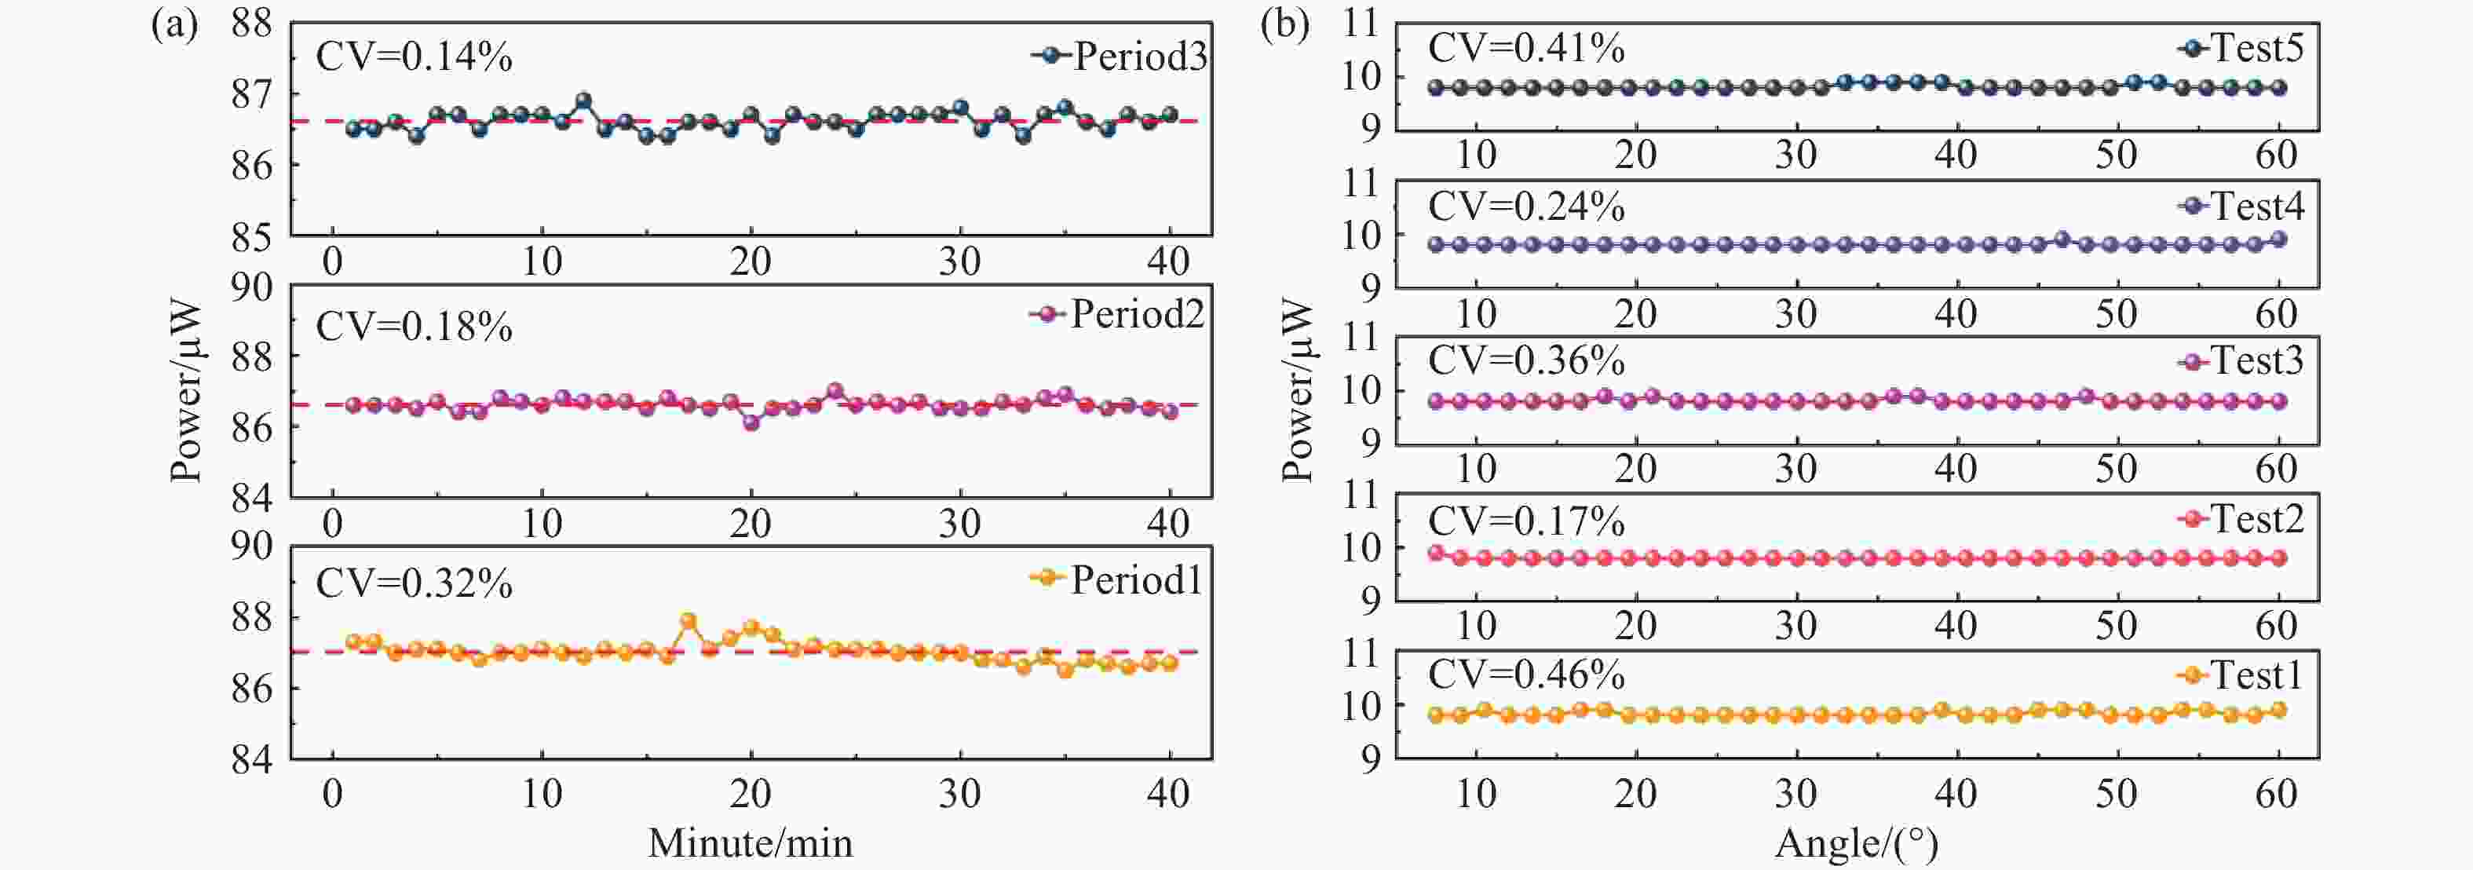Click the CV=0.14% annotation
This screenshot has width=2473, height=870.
click(414, 57)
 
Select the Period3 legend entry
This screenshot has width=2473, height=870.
click(1120, 57)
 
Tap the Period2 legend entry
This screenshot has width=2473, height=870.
click(1116, 314)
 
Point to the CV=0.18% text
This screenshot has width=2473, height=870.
click(414, 327)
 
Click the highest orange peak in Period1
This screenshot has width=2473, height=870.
click(689, 620)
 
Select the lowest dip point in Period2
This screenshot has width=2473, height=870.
click(751, 422)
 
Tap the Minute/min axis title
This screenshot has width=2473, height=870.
click(750, 843)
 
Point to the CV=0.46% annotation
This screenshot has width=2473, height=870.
click(1526, 675)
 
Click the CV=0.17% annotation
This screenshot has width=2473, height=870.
click(1526, 521)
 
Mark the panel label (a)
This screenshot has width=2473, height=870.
click(175, 25)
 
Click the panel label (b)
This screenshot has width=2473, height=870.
click(1284, 25)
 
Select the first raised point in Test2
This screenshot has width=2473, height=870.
click(1436, 552)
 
